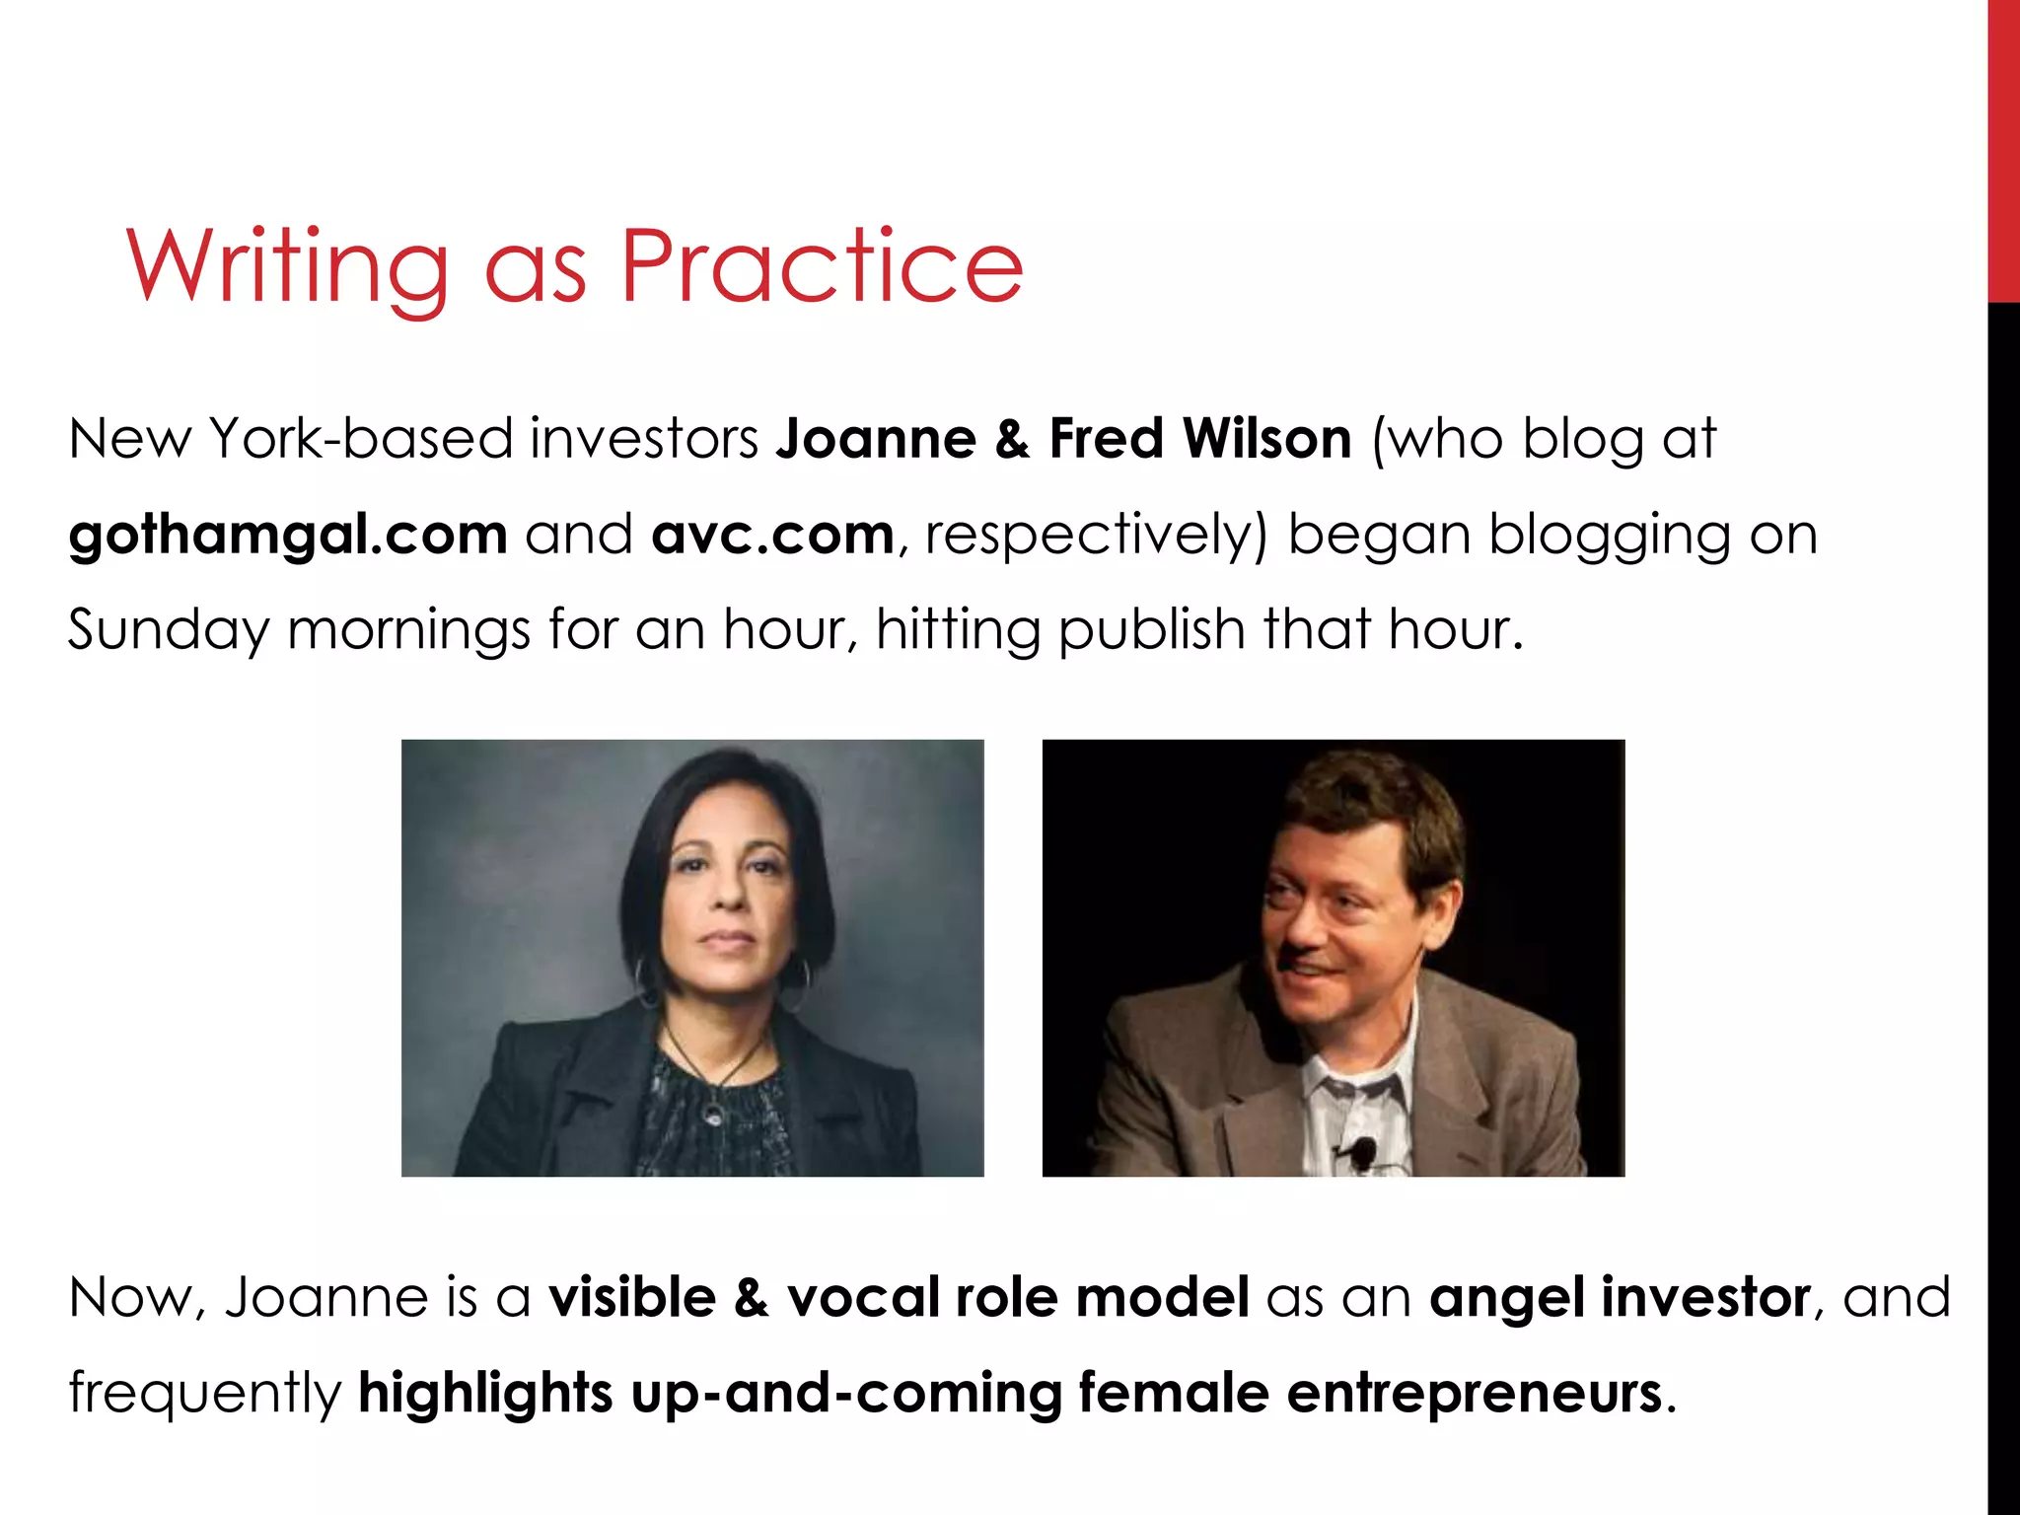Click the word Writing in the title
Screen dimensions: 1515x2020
tap(287, 266)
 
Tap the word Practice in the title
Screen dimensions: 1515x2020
tap(822, 266)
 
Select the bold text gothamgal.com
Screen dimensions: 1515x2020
tap(288, 536)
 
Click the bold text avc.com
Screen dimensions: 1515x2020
tap(772, 535)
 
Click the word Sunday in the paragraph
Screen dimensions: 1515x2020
tap(168, 631)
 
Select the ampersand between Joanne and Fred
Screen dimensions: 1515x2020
tap(1012, 439)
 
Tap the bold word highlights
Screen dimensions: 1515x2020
tap(485, 1394)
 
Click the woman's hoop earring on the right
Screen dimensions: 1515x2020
tap(798, 974)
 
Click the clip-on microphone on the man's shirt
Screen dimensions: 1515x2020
tap(1363, 1150)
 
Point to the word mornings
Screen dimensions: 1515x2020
tap(408, 631)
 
